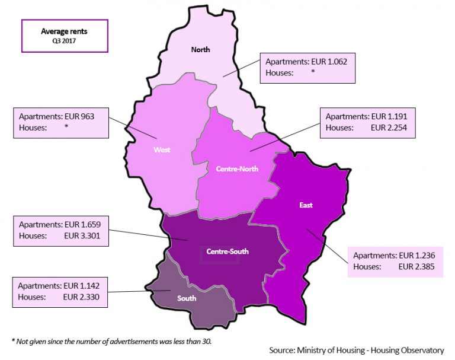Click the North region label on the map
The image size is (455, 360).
(x=200, y=50)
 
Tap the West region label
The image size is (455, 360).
(x=162, y=149)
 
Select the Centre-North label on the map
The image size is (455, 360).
(x=237, y=169)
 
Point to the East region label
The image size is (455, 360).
(x=306, y=205)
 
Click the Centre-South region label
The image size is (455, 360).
(x=227, y=251)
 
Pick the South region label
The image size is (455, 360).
(x=187, y=298)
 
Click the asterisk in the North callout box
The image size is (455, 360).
(x=312, y=72)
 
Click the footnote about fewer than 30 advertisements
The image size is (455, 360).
(x=111, y=341)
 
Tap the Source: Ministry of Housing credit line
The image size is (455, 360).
(x=357, y=351)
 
